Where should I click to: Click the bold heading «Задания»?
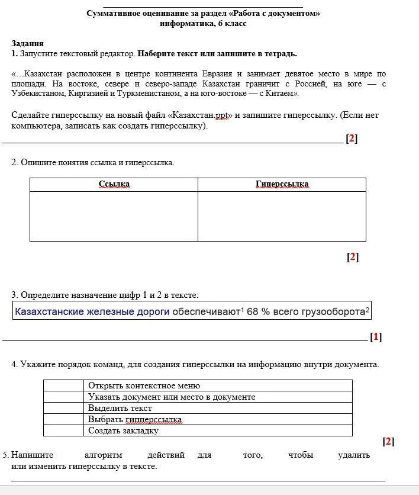(x=27, y=44)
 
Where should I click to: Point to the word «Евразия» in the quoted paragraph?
(x=217, y=74)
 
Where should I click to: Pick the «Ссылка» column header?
(x=114, y=184)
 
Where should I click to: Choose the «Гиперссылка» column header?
(x=282, y=184)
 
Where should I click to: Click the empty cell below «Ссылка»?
(x=114, y=216)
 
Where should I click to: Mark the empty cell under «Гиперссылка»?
(x=282, y=216)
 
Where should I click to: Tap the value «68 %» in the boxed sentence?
(x=258, y=311)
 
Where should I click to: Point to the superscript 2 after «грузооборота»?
(x=368, y=309)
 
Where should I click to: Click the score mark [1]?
(x=376, y=337)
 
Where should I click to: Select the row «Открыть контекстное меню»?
(x=144, y=385)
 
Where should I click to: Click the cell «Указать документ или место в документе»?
(x=172, y=397)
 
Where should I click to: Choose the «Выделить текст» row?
(x=120, y=408)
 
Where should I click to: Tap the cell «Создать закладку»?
(x=123, y=430)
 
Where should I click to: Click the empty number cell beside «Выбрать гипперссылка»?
(x=63, y=419)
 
